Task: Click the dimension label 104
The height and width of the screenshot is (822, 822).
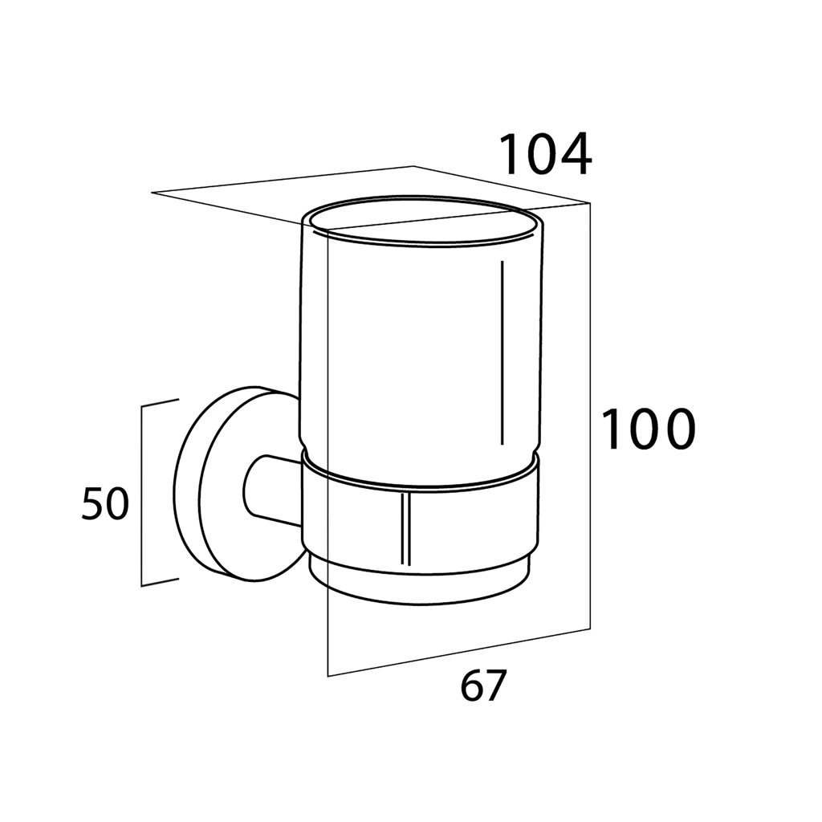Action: coord(545,155)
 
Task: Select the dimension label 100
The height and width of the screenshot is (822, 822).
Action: coord(648,430)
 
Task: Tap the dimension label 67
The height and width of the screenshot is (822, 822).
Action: coord(482,686)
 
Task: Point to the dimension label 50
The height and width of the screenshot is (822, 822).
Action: coord(105,504)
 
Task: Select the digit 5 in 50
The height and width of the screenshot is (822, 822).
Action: coord(92,504)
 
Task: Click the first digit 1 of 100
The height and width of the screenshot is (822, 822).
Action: coord(611,430)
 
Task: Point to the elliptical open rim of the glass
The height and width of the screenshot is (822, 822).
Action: coord(423,222)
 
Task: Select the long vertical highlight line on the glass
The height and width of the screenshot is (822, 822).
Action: coord(503,352)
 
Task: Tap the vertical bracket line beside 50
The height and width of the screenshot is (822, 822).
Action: coord(141,496)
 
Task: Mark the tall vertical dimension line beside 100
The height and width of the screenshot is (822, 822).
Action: coord(590,415)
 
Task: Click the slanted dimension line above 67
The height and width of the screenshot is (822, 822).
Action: coord(458,652)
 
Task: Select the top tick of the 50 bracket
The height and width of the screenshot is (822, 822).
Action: coord(160,403)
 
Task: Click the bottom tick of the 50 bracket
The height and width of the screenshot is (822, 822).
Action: coord(160,582)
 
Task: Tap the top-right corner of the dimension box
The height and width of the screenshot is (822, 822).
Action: coord(590,203)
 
